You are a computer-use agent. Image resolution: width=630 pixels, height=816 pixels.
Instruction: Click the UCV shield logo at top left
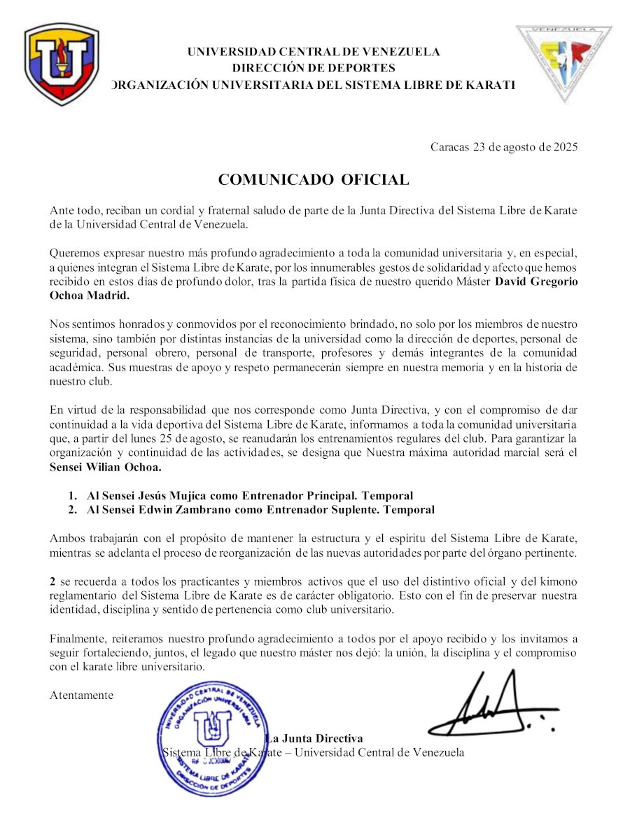(62, 64)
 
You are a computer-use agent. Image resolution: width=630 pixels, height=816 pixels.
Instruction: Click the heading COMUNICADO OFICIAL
(314, 179)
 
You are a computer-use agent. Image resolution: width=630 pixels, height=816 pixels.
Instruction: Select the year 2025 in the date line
(564, 147)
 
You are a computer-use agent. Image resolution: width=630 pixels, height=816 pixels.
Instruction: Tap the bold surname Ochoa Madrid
(90, 296)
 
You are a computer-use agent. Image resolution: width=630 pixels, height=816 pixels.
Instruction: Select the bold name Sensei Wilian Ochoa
(105, 467)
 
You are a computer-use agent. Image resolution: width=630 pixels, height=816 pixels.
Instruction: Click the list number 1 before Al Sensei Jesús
(72, 496)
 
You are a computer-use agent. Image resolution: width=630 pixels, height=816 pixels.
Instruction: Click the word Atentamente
(81, 696)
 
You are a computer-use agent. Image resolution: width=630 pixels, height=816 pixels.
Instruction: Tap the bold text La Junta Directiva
(315, 739)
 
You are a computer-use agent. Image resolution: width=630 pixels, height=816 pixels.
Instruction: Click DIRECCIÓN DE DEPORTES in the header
(314, 68)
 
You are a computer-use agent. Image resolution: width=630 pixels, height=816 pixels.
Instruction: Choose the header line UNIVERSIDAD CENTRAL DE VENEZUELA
(314, 52)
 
